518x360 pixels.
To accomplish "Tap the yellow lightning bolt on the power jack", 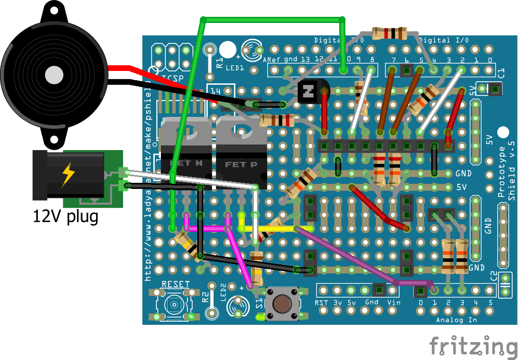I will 67,175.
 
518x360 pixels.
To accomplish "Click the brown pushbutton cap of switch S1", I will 280,304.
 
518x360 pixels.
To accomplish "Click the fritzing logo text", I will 473,347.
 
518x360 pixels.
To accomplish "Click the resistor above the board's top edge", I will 390,33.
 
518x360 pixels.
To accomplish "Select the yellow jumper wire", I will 276,228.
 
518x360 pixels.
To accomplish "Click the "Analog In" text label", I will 457,320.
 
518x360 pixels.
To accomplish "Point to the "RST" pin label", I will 321,302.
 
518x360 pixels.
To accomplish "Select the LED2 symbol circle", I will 237,305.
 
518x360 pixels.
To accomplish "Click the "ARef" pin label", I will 272,59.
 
